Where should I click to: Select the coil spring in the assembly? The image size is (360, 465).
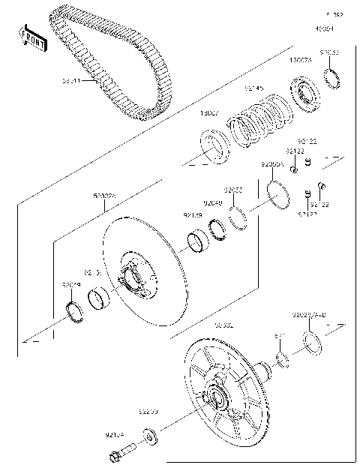click(x=262, y=124)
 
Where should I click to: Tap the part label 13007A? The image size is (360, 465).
click(x=299, y=58)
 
